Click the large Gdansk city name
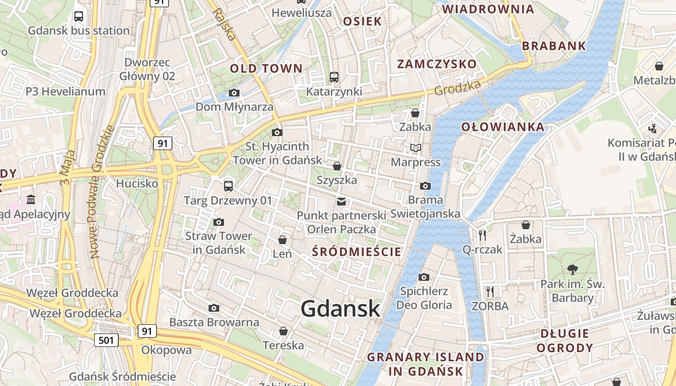340,309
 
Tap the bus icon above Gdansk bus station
79,16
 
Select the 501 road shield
106,340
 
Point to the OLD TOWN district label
266,69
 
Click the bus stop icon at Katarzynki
334,77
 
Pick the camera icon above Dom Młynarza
234,93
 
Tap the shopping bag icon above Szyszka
337,166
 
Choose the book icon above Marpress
415,148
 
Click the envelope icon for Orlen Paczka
341,201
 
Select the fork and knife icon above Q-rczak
482,235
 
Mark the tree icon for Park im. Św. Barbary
572,269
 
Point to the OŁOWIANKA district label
503,127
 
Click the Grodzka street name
457,88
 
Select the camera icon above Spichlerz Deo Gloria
424,277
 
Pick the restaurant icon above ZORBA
490,291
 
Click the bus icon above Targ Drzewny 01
228,186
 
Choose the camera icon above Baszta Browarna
214,308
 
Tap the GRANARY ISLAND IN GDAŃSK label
425,364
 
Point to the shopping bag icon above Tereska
283,331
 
